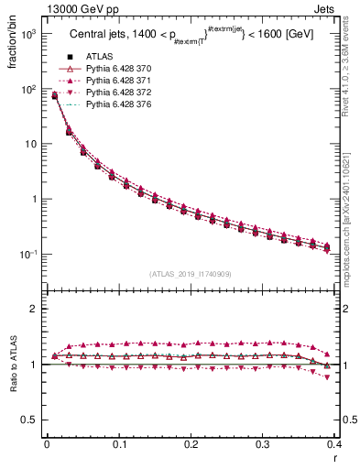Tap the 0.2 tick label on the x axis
(191, 444)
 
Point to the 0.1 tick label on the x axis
(119, 444)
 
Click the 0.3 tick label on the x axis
(263, 444)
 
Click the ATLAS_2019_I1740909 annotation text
(191, 274)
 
